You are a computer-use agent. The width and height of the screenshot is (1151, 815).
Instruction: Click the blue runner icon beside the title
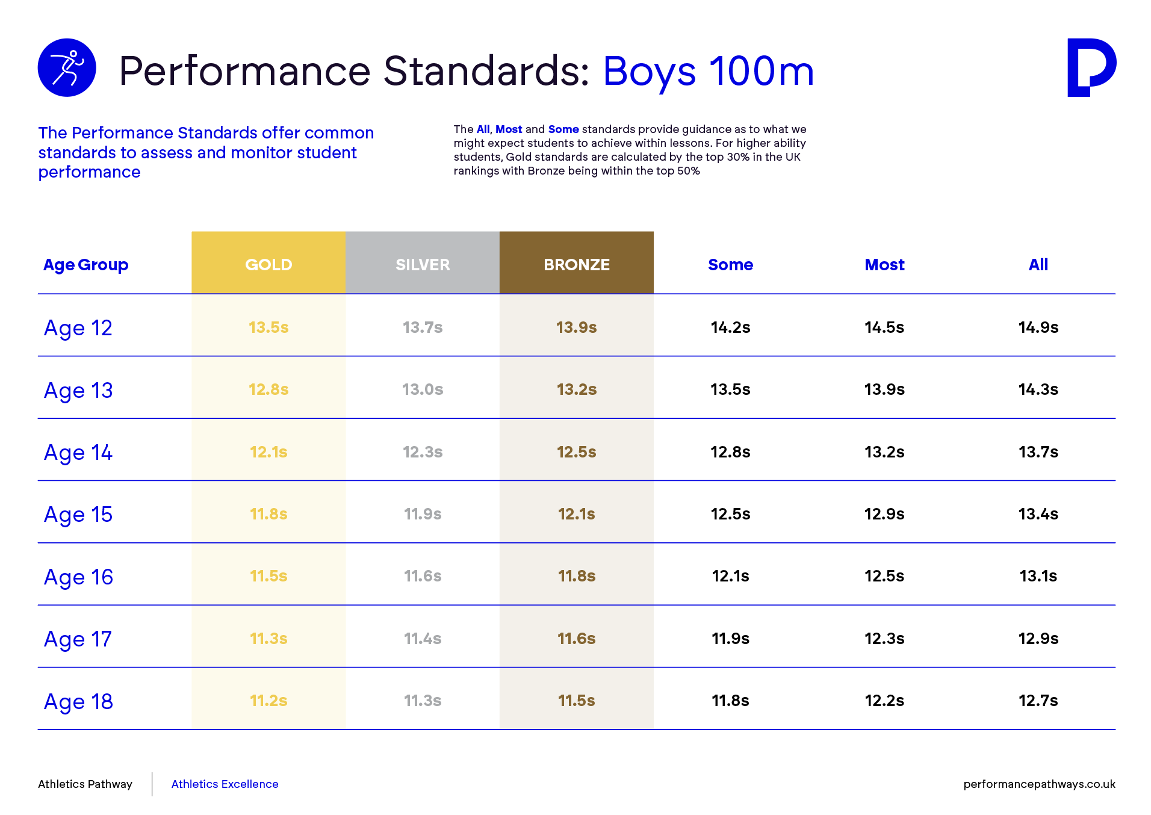tap(67, 67)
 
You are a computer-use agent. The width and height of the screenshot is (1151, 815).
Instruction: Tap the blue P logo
tap(1091, 67)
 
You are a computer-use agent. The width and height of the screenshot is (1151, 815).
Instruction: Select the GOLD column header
tap(268, 264)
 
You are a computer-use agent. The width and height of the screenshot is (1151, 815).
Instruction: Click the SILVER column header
tap(423, 264)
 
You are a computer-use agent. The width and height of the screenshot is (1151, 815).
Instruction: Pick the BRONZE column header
tap(577, 264)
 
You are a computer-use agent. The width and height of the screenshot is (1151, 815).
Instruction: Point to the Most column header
tap(884, 265)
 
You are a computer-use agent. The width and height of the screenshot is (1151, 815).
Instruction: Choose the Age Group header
tap(85, 265)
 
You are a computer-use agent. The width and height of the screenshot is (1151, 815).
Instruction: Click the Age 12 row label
tap(78, 329)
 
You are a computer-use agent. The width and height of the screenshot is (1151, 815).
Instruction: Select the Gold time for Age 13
tap(268, 389)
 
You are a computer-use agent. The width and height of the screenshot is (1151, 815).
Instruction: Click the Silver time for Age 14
tap(423, 452)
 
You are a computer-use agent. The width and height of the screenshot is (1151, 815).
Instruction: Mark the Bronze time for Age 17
tap(577, 639)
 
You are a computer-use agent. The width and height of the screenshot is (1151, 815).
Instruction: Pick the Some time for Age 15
tap(730, 514)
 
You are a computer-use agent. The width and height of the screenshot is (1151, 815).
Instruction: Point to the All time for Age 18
tap(1038, 701)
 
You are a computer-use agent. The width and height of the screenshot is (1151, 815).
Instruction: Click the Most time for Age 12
tap(884, 327)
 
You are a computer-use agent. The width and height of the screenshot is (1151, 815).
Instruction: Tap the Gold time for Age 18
tap(268, 701)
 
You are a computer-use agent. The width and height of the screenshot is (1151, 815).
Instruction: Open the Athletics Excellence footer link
tap(225, 784)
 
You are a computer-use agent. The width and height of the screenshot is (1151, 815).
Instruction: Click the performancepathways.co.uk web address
tap(1039, 784)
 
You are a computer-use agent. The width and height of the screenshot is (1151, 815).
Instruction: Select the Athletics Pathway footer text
tap(85, 784)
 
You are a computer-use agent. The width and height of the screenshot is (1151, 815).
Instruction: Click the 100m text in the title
tap(762, 71)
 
